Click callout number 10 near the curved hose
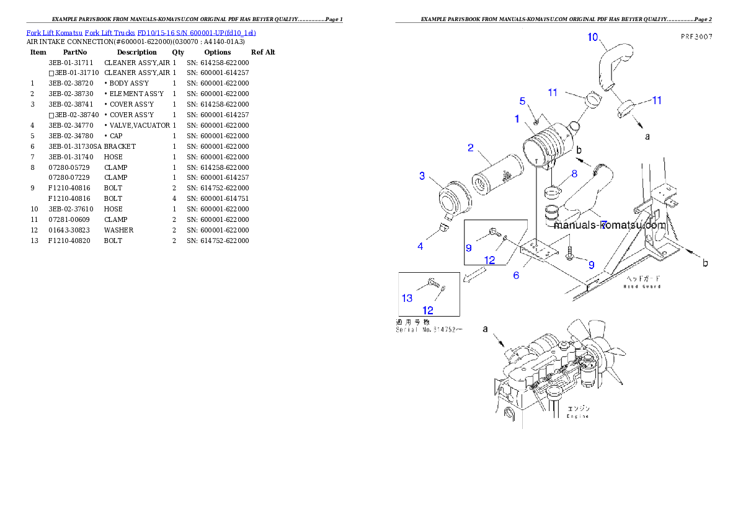tap(593, 37)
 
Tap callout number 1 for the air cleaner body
tap(516, 118)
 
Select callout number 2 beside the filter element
tap(471, 148)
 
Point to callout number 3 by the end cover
tap(422, 176)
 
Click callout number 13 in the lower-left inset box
tap(407, 298)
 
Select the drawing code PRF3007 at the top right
tap(695, 37)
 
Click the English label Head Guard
tap(642, 286)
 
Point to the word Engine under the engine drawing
tap(577, 416)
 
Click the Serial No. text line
tap(428, 330)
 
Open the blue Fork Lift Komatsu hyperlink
tap(141, 32)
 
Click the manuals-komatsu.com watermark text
tap(610, 226)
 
